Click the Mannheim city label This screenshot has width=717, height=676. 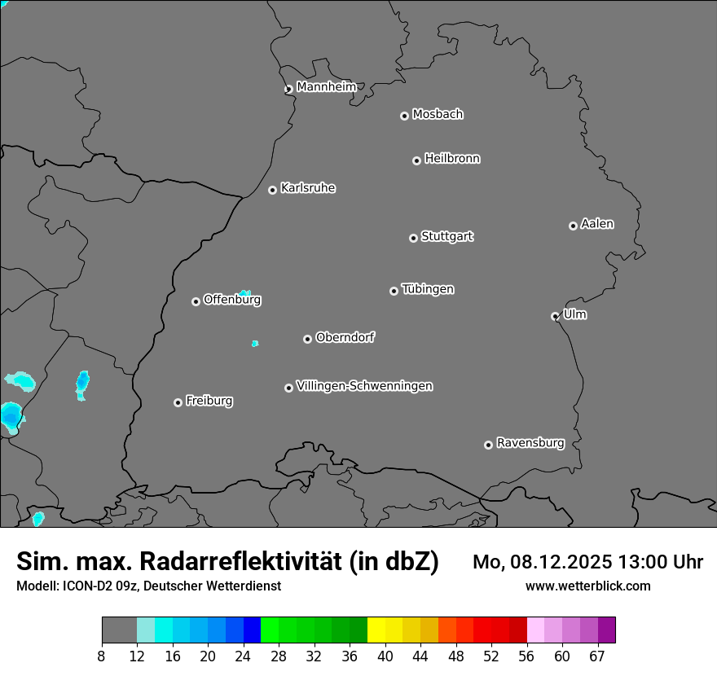(326, 87)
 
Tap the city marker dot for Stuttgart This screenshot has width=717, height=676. (413, 238)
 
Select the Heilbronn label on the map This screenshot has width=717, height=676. (452, 159)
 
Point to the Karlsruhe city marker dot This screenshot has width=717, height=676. (272, 190)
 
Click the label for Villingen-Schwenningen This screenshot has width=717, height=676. (364, 386)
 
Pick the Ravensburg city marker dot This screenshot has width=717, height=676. (488, 445)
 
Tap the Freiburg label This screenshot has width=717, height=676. (209, 401)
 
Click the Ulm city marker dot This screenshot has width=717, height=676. (555, 316)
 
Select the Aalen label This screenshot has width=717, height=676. (597, 224)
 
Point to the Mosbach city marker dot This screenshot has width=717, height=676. (404, 116)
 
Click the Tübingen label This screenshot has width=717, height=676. (428, 289)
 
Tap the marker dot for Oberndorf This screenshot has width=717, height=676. (307, 339)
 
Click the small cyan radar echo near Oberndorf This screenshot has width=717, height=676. (255, 344)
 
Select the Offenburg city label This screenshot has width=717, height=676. (232, 300)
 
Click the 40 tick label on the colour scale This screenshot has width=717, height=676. (385, 656)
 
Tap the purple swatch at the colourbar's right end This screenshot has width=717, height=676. (606, 630)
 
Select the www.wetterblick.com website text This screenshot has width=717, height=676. (587, 586)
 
